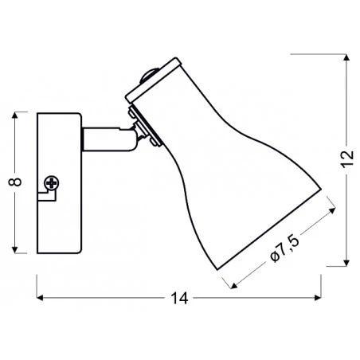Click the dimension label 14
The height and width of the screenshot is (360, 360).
tap(179, 298)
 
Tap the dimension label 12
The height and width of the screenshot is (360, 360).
tap(347, 159)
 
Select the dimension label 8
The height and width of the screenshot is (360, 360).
tap(15, 182)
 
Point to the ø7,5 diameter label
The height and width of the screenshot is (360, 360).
tap(285, 249)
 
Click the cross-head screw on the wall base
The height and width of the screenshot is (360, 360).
tap(52, 183)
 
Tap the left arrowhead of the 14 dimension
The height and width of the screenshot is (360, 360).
tap(40, 298)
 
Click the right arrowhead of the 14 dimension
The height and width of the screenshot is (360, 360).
tap(318, 298)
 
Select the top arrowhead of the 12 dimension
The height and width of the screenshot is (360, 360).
tap(346, 57)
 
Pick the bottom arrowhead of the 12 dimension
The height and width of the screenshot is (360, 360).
tap(346, 263)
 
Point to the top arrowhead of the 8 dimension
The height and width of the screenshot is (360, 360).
tap(15, 115)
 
